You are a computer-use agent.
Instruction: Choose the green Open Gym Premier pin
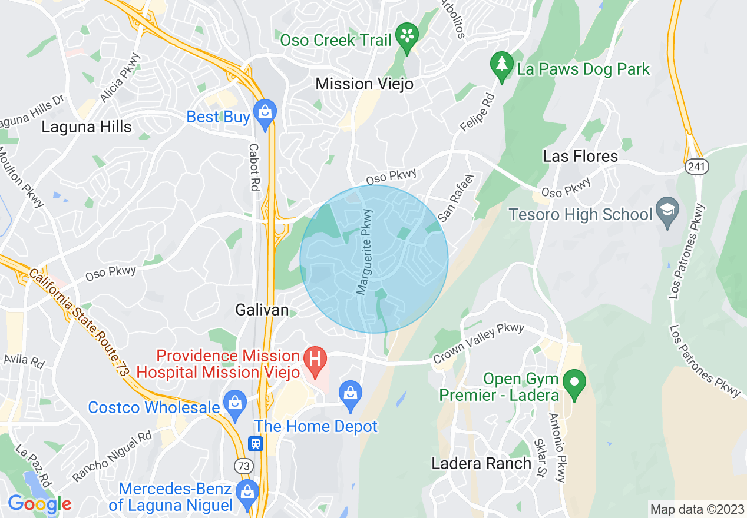[571, 382]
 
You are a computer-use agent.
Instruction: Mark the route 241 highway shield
[697, 167]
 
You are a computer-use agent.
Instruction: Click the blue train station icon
[256, 443]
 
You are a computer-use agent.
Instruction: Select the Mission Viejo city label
[364, 84]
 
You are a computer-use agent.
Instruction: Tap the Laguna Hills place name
[86, 127]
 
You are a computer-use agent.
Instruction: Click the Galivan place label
[262, 310]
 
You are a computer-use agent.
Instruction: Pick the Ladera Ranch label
[481, 463]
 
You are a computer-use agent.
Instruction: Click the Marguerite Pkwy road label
[365, 252]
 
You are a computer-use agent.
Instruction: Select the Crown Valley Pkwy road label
[478, 344]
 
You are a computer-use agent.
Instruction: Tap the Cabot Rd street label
[254, 164]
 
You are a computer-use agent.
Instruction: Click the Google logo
[39, 504]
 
